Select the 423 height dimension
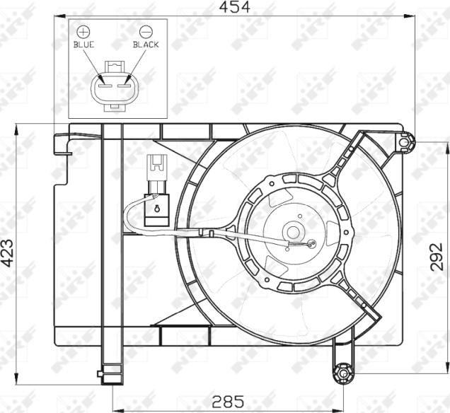8,253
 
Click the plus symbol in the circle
83,32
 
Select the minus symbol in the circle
146,32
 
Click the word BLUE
83,45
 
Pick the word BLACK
146,45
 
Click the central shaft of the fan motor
292,231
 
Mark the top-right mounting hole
404,142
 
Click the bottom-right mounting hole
343,372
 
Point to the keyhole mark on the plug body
156,209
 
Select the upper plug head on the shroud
156,167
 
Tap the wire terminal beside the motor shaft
309,245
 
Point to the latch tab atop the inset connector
115,66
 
